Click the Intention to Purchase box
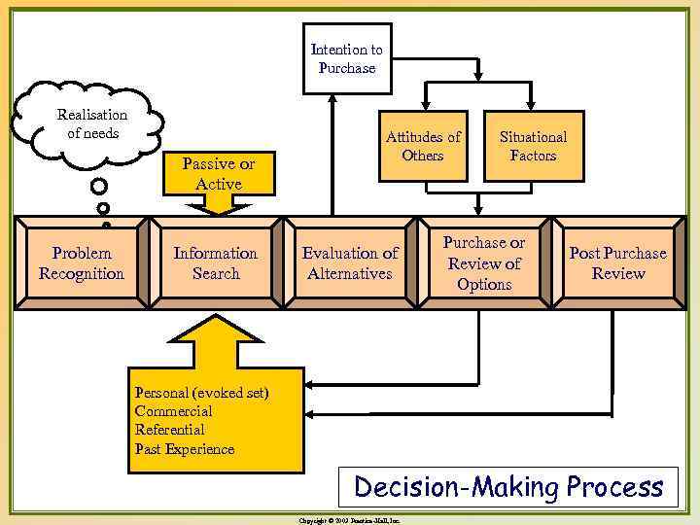pyautogui.click(x=347, y=59)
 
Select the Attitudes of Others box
pyautogui.click(x=423, y=147)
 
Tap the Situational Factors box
pyautogui.click(x=534, y=147)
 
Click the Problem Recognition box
pyautogui.click(x=82, y=263)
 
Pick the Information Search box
pyautogui.click(x=216, y=263)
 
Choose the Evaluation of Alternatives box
pyautogui.click(x=350, y=263)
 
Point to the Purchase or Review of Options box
pyautogui.click(x=484, y=263)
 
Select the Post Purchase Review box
pyautogui.click(x=618, y=263)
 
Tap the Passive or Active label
pyautogui.click(x=219, y=173)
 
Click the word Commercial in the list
pyautogui.click(x=174, y=411)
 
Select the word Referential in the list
pyautogui.click(x=170, y=430)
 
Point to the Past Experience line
pyautogui.click(x=185, y=449)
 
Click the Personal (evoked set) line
pyautogui.click(x=202, y=393)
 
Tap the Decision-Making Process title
pyautogui.click(x=508, y=485)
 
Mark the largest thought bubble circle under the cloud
pyautogui.click(x=98, y=186)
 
